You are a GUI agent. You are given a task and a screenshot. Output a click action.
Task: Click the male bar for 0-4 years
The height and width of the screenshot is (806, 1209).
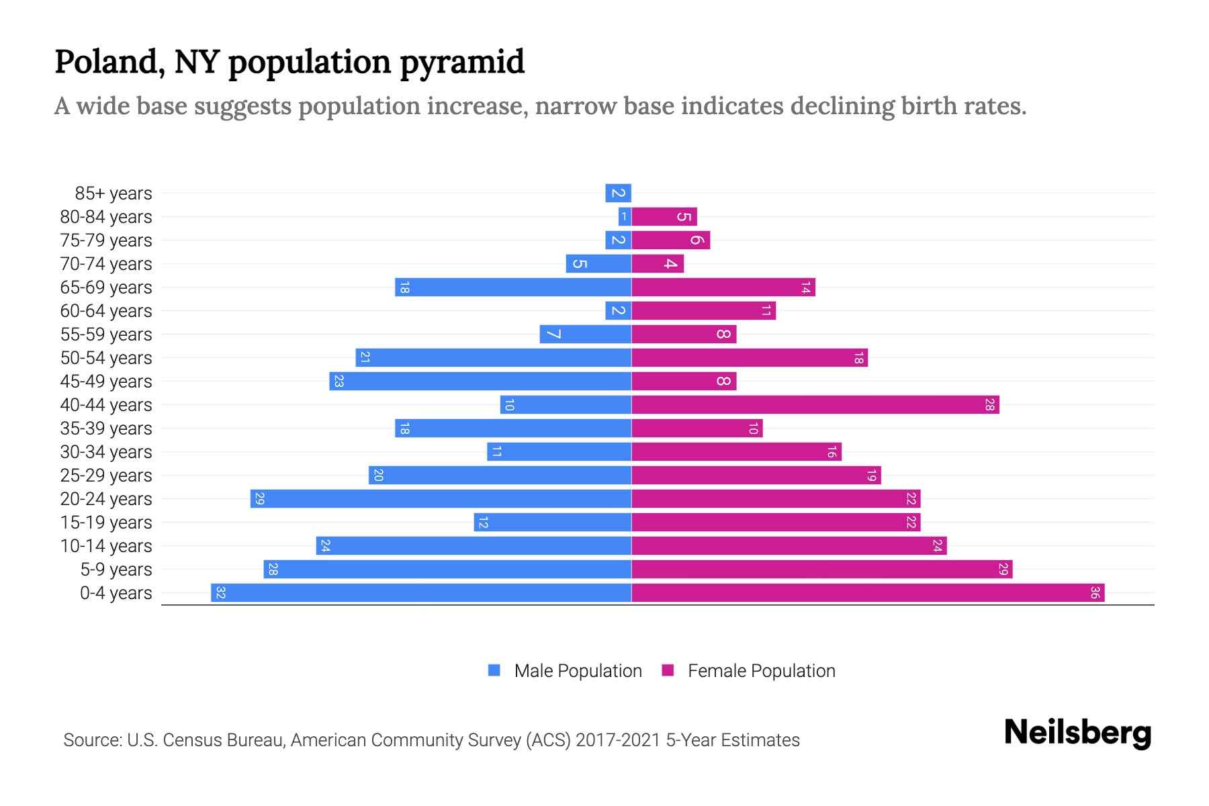tap(421, 593)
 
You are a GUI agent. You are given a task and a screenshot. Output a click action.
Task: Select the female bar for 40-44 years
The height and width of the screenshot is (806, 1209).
tap(815, 405)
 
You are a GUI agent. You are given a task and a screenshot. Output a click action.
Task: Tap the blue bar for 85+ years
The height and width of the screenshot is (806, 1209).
tap(618, 193)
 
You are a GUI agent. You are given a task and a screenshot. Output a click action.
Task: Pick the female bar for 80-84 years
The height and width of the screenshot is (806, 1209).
tap(664, 217)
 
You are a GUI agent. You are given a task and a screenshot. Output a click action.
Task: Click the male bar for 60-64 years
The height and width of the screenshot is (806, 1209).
tap(618, 311)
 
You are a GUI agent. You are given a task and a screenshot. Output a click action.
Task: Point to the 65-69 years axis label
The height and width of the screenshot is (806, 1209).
tap(106, 287)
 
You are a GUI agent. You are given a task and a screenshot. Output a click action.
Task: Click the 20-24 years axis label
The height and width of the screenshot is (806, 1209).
tap(106, 499)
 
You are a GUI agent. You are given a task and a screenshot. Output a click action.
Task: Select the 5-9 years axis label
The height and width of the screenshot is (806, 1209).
tap(116, 570)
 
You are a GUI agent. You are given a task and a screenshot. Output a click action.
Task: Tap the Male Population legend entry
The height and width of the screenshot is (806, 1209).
tap(565, 671)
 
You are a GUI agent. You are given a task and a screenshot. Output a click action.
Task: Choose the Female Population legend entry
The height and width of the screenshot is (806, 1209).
tap(748, 671)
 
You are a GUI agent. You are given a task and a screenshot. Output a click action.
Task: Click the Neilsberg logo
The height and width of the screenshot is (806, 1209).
tap(1077, 733)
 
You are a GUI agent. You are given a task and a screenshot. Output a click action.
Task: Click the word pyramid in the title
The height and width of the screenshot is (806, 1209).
tap(462, 62)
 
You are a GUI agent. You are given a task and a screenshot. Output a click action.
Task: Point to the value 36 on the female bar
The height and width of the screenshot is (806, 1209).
tap(1095, 593)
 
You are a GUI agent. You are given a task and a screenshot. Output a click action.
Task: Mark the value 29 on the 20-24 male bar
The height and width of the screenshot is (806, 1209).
tap(260, 499)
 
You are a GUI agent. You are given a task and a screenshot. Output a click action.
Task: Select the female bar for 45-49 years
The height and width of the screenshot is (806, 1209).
tap(684, 382)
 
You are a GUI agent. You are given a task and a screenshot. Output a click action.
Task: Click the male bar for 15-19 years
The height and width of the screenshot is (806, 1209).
tap(552, 523)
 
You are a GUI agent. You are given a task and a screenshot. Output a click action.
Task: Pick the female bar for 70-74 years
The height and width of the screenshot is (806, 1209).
tap(658, 264)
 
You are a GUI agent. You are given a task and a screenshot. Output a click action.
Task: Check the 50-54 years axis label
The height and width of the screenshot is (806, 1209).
tap(106, 358)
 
